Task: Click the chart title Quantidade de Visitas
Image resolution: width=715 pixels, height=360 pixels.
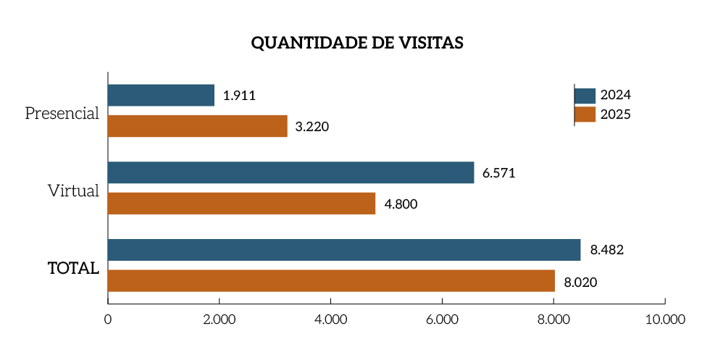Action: coord(357,43)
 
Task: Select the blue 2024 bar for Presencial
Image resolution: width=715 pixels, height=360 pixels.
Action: coord(161,95)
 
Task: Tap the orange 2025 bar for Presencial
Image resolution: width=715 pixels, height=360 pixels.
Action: coord(197,126)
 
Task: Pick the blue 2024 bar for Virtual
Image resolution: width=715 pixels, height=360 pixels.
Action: coord(290,172)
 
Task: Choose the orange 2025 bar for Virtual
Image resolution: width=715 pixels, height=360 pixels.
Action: coord(241,204)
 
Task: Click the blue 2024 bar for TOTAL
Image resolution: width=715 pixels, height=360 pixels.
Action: coord(344,250)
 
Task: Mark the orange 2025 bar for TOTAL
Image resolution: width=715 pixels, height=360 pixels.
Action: coord(331,281)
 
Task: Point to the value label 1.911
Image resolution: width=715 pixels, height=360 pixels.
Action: coord(240,96)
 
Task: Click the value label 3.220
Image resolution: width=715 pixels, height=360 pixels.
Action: coord(312,127)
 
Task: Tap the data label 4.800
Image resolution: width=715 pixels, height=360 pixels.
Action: coord(401,204)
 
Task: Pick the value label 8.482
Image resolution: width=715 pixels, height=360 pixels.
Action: coord(607,251)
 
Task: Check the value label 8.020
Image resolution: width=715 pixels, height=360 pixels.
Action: coord(580,282)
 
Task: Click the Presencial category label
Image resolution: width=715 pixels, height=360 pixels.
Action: coord(62,114)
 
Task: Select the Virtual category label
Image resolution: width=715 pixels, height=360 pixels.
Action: coord(73,191)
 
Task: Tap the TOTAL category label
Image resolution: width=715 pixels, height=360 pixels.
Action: coord(73,268)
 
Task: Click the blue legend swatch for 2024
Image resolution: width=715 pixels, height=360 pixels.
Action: coord(585,96)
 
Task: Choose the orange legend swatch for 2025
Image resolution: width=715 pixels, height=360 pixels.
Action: coord(585,114)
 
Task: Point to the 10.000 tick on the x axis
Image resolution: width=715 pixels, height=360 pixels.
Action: coord(664,319)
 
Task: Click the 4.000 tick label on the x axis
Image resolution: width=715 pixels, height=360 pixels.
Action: coord(330,319)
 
